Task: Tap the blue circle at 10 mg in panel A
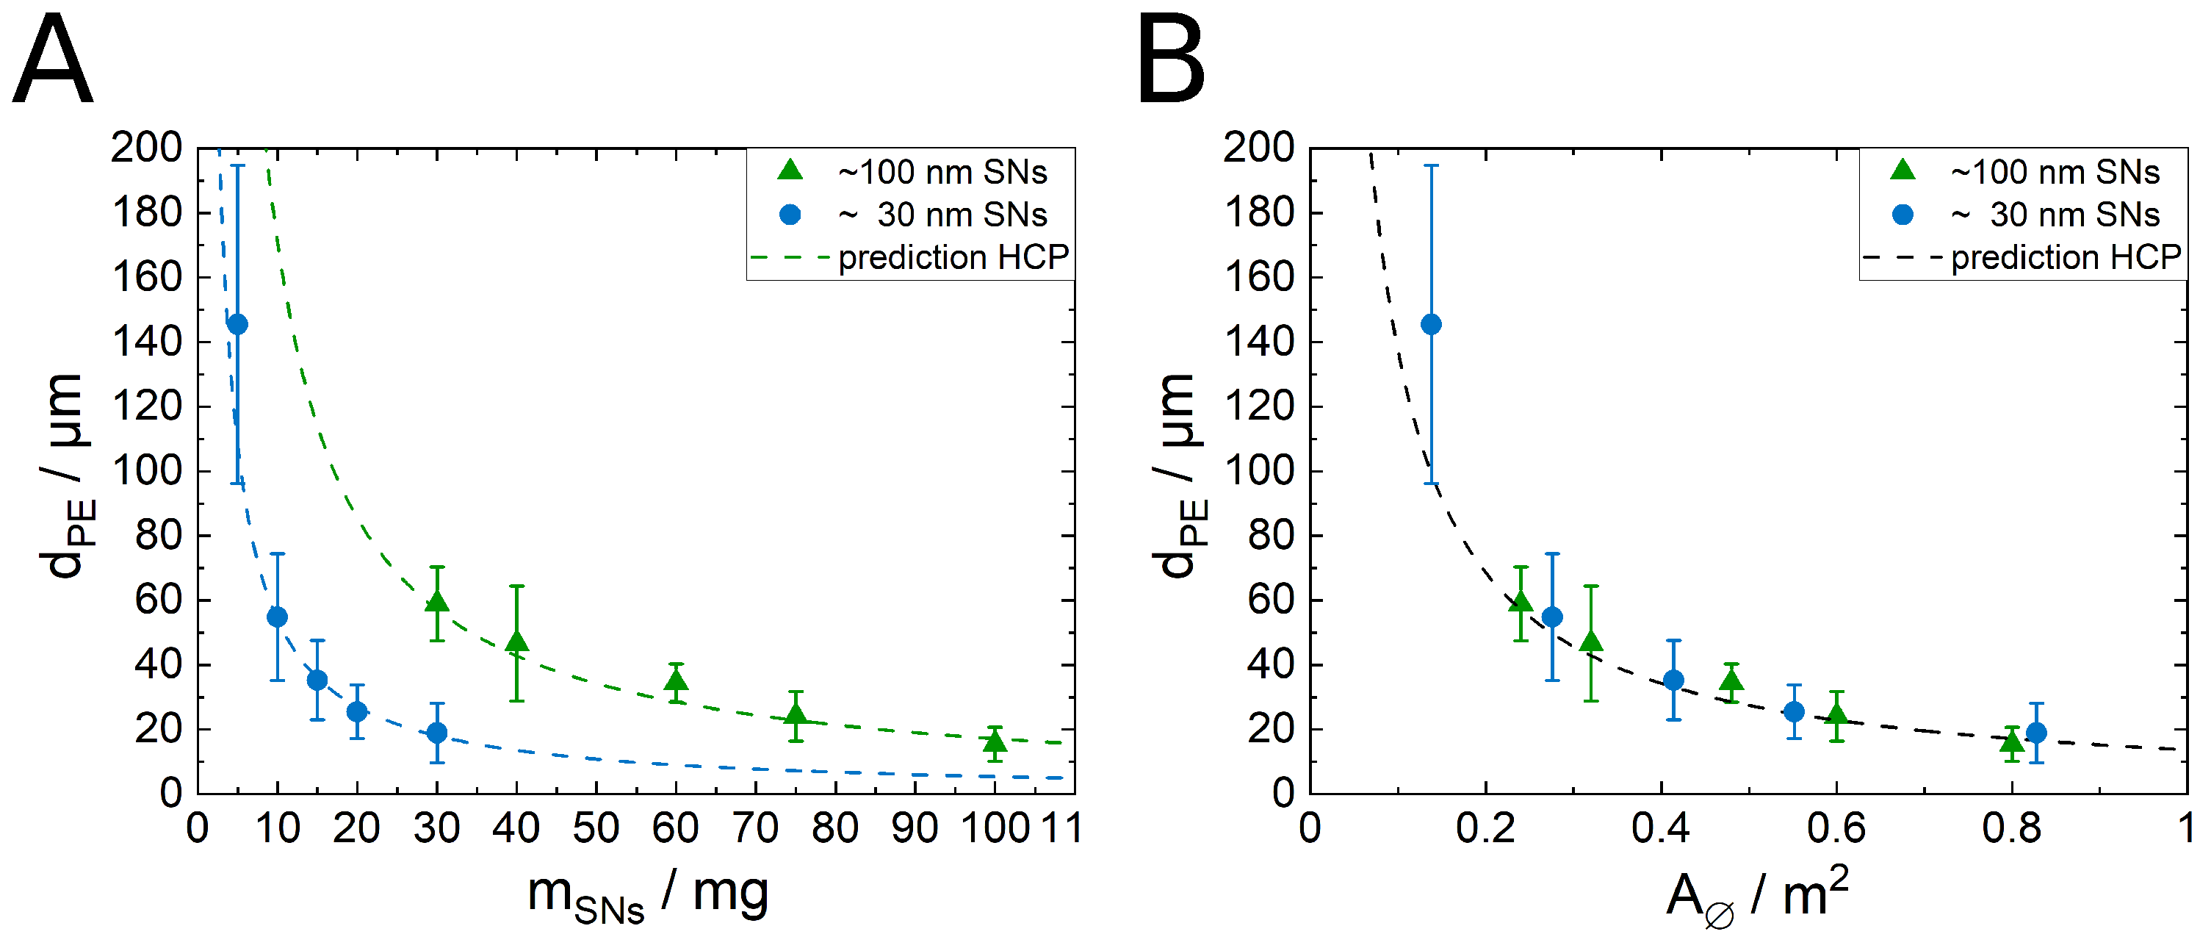tap(277, 617)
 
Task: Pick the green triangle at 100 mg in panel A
tap(994, 742)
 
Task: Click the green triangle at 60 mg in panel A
tap(676, 681)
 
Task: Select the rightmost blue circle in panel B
tap(2036, 733)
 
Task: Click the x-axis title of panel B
tap(1758, 895)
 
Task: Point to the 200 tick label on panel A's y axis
tap(146, 148)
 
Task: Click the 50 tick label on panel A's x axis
tap(595, 827)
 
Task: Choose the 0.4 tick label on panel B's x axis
tap(1660, 827)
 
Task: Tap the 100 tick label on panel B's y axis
tap(1259, 470)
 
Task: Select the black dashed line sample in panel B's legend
tap(1902, 257)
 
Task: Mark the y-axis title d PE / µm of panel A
tap(65, 475)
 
